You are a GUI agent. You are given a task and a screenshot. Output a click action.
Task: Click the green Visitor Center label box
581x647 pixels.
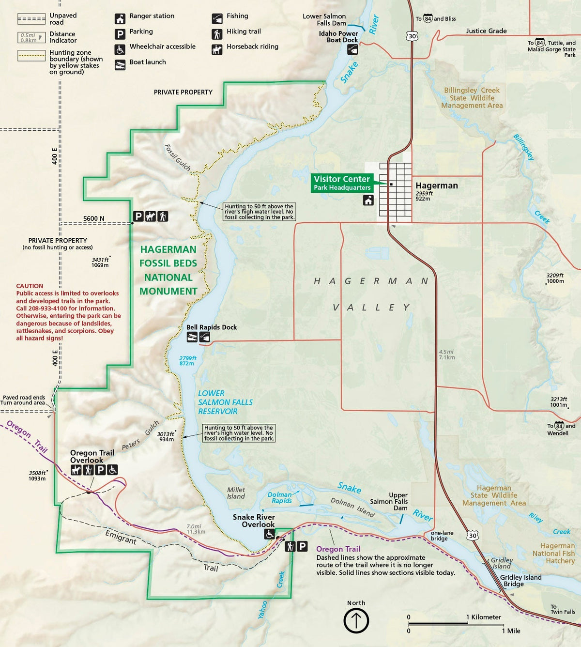342,183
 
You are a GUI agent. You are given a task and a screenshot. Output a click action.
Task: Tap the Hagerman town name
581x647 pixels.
436,185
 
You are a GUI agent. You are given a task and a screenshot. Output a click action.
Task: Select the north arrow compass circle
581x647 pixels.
356,621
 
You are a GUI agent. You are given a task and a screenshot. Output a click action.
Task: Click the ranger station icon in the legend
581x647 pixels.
120,19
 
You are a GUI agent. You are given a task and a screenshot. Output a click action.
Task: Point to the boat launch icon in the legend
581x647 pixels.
120,64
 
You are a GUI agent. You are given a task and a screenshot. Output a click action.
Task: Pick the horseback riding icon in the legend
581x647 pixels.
217,49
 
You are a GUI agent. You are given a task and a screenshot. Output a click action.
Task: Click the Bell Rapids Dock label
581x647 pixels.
212,327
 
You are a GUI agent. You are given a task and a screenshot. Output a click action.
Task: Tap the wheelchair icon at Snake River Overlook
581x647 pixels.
269,534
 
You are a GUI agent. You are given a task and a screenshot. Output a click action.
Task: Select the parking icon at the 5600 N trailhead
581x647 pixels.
138,216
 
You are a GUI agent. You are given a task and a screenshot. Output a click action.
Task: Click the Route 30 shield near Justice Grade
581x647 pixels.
412,36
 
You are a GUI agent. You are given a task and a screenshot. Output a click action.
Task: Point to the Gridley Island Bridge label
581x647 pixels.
520,581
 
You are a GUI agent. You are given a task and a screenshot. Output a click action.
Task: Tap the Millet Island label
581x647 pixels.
236,493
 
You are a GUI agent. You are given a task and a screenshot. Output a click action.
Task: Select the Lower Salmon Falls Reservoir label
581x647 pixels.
225,402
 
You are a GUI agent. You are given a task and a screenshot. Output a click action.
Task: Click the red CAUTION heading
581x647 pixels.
30,286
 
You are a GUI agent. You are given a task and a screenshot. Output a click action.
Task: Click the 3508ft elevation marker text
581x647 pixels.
37,473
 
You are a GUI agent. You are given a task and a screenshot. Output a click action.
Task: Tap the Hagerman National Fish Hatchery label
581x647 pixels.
554,554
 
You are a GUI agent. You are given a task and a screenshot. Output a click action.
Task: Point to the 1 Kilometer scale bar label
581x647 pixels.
484,617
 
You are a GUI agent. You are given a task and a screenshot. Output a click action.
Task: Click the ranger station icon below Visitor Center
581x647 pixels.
368,200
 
